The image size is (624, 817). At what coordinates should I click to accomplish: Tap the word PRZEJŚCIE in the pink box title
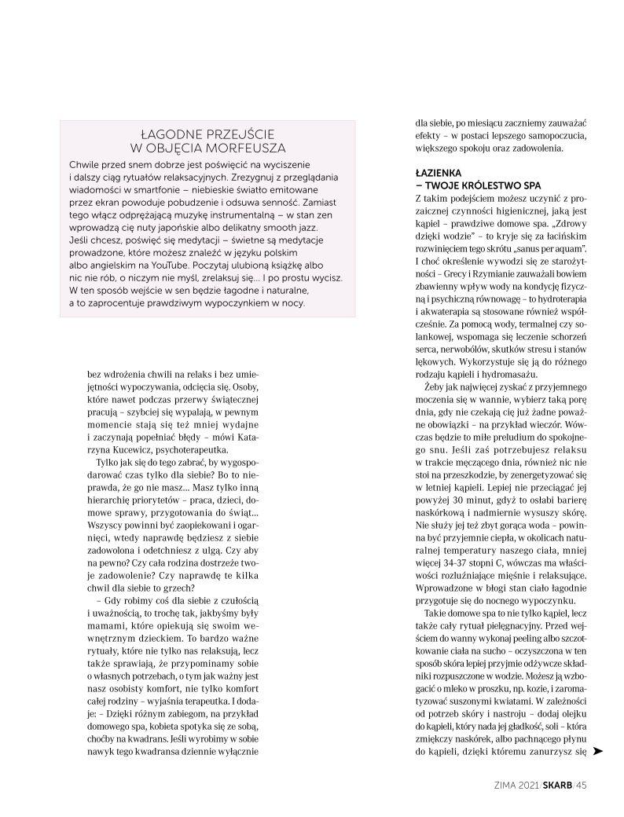click(x=235, y=133)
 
